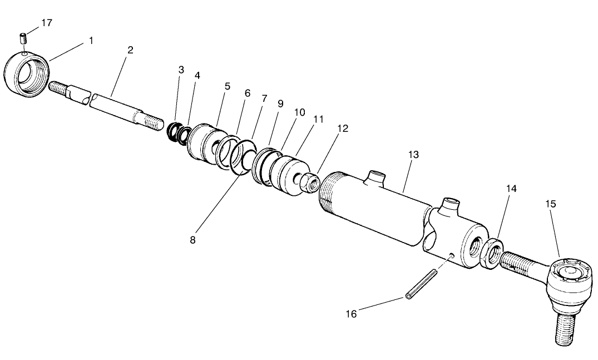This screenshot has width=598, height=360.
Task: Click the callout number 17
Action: tap(47, 23)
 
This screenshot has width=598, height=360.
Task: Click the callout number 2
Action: tap(130, 50)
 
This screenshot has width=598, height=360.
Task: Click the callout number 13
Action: tap(413, 154)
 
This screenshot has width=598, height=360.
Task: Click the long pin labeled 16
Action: tap(421, 284)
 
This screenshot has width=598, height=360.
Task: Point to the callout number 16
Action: tap(350, 314)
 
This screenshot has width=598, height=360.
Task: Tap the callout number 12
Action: tap(343, 128)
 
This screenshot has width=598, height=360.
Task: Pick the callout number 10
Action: tap(300, 112)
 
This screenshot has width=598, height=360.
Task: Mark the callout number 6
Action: tap(248, 93)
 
